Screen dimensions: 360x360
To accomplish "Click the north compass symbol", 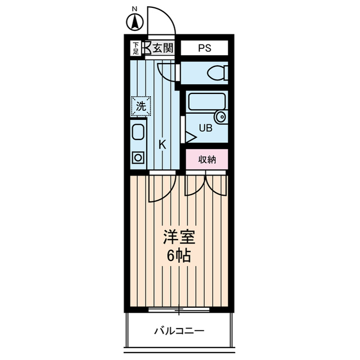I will coord(135,21).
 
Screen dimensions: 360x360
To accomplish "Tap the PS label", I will coord(204,48).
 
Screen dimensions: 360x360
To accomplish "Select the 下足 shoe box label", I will coord(136,48).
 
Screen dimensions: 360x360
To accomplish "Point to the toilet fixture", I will coord(216,73).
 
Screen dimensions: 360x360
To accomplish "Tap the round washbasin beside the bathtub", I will coord(220,117).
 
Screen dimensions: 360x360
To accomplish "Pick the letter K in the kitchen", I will coord(162,145).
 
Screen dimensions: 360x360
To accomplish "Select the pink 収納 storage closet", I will coord(207,159).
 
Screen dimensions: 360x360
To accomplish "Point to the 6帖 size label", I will coord(178,256).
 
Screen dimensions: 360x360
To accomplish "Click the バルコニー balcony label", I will coord(179,330).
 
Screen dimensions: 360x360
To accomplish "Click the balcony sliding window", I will coord(179,309).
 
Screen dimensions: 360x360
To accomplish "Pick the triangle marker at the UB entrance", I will coord(190,137).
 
